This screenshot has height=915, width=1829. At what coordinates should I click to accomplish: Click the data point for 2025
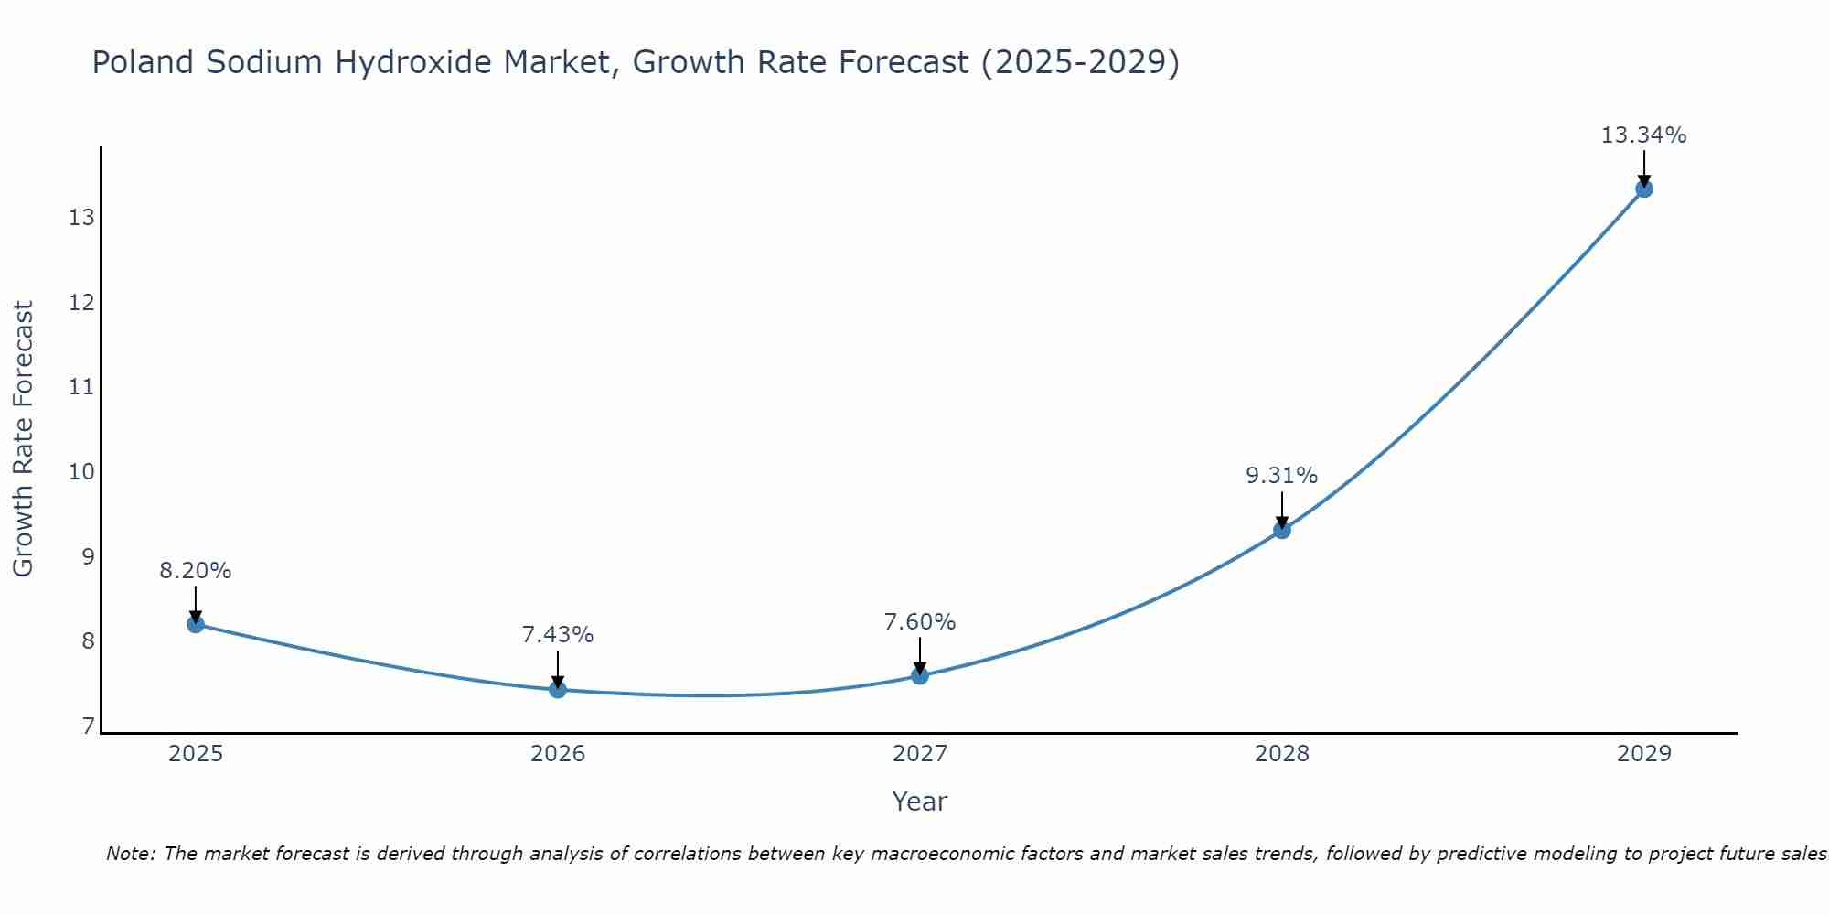pos(196,624)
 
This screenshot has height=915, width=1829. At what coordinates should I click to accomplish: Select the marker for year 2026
pos(558,689)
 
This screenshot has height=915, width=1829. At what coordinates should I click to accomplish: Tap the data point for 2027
pos(920,675)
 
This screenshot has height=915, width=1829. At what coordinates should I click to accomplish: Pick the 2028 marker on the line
pos(1282,530)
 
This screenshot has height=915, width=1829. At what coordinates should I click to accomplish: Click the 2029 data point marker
pos(1644,188)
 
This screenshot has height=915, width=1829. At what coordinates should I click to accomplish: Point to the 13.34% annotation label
pos(1643,135)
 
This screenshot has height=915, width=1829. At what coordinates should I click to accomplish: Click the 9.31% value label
pos(1281,476)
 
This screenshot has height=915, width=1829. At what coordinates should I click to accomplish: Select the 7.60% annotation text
pos(919,622)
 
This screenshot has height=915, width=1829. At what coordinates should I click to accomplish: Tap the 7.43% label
pos(557,635)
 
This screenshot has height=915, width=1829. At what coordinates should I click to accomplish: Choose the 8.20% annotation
pos(195,571)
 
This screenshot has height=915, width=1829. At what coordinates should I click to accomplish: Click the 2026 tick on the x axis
pos(558,754)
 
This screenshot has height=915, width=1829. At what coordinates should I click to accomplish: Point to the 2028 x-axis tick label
pos(1282,754)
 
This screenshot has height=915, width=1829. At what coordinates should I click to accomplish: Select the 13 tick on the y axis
pos(81,218)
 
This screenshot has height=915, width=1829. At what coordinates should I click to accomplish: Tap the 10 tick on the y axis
pos(81,472)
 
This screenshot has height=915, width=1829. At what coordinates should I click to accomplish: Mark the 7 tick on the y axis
pos(88,727)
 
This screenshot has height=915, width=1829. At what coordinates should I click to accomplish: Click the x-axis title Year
pos(919,802)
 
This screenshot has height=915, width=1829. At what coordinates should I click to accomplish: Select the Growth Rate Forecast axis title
pos(23,439)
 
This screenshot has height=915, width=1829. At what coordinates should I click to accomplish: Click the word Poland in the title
pos(144,62)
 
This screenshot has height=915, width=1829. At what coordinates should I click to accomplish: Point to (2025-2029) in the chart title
pos(1079,62)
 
